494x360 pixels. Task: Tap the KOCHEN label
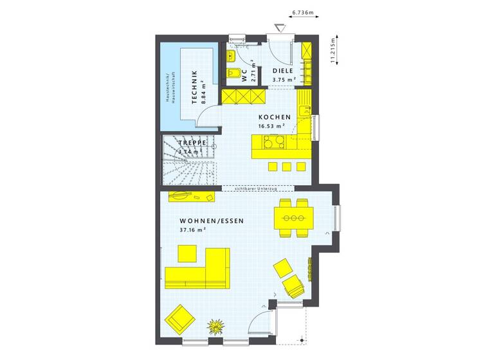pos(275,117)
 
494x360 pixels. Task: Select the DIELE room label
pos(283,71)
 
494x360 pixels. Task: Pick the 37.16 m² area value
pos(193,230)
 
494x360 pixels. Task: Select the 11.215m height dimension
pos(332,49)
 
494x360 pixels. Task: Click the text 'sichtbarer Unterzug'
pos(257,188)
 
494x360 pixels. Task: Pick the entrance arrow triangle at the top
pos(279,28)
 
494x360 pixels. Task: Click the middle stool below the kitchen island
pos(286,167)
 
